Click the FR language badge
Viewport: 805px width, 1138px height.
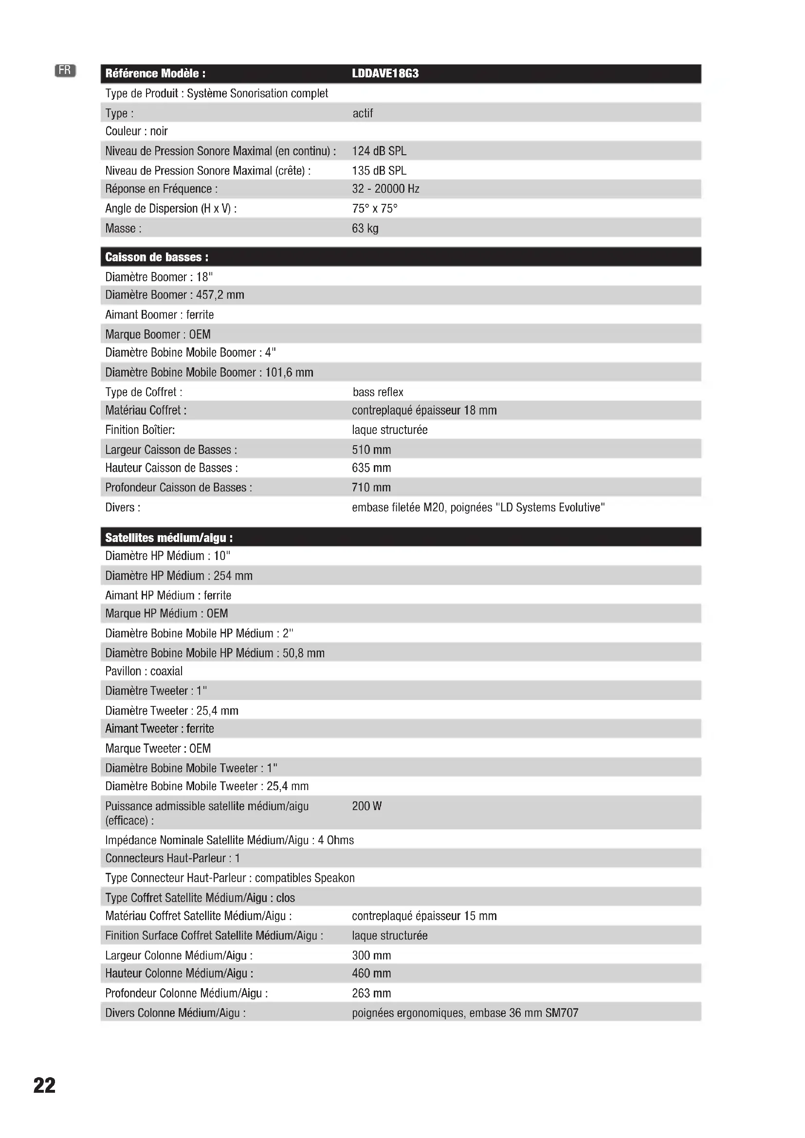[65, 71]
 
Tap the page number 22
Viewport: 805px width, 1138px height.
[45, 1085]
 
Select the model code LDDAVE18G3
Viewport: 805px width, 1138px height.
[385, 74]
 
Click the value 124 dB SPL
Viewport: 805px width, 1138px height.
[379, 151]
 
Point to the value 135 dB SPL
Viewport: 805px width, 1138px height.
[379, 171]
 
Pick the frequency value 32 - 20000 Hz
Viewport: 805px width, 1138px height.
[385, 189]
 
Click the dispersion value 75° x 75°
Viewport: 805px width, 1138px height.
[375, 209]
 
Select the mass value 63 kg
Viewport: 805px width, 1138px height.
[366, 229]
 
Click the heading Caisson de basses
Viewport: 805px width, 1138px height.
[157, 257]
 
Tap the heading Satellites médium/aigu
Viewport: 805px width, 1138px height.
[169, 538]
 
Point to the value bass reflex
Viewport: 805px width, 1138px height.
[378, 392]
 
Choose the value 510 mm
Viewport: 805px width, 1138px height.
[371, 450]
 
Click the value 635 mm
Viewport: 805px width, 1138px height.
[371, 468]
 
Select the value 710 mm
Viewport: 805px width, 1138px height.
[371, 488]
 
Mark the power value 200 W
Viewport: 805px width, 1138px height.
[367, 806]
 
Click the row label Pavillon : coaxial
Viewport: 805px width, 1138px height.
[144, 671]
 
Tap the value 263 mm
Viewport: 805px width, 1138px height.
[371, 993]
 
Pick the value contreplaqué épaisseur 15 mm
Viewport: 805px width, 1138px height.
[424, 916]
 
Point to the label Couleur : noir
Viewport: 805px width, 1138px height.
[136, 131]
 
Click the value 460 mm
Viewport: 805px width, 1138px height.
[371, 974]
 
